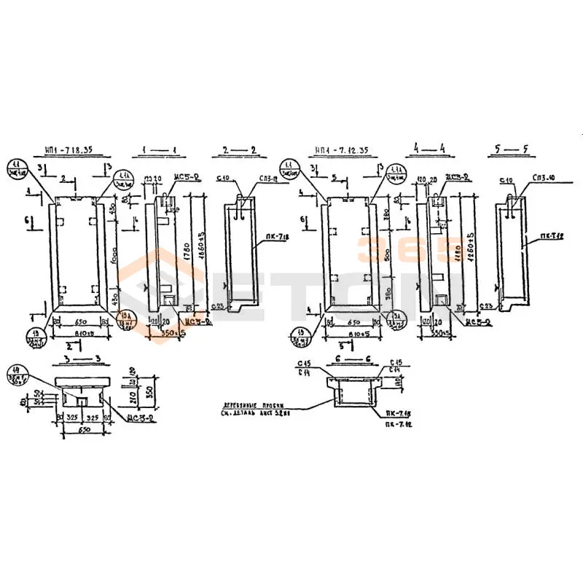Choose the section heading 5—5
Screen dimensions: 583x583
[508, 151]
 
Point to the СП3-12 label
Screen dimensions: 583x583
[267, 179]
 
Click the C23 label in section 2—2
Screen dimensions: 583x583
[216, 306]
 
